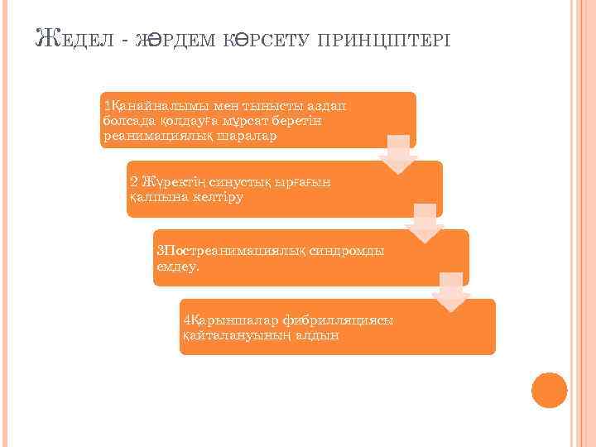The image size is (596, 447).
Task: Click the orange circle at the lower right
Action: point(550,390)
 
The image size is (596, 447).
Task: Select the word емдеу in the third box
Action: point(175,267)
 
